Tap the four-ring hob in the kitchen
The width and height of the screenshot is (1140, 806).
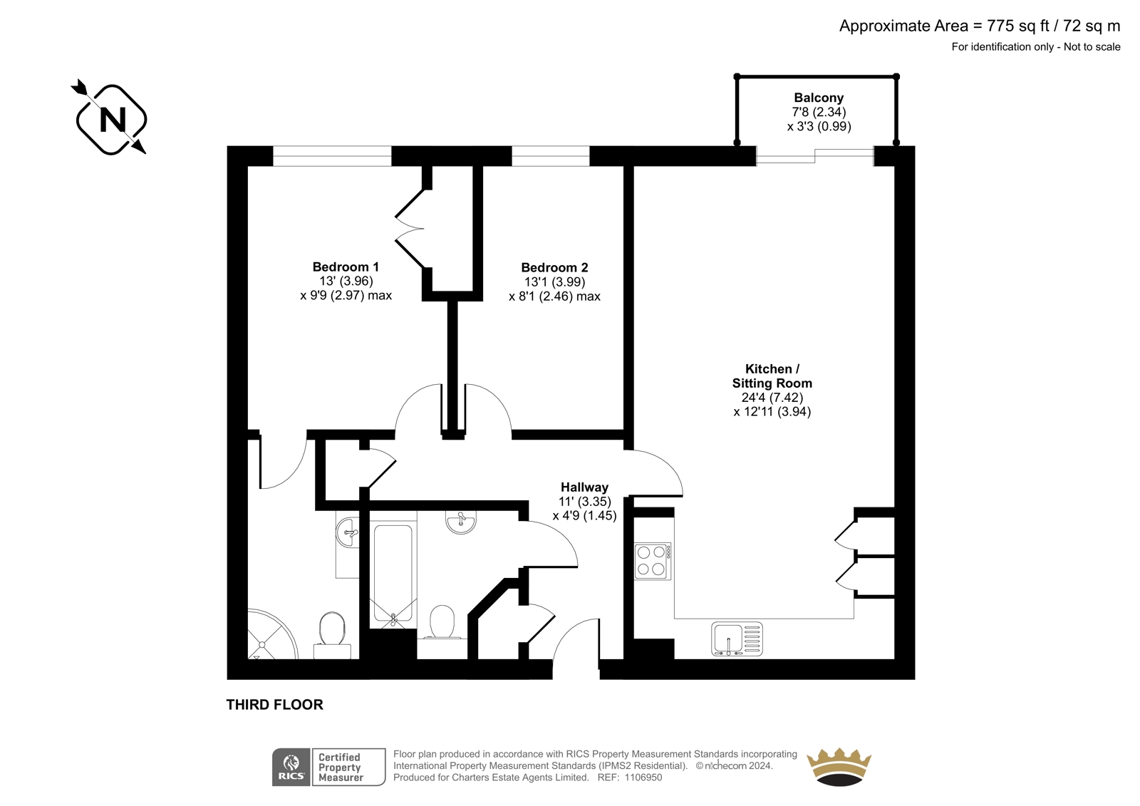[x=653, y=561]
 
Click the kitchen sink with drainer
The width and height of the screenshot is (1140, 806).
[x=737, y=639]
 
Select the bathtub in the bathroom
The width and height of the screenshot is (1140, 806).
[x=393, y=573]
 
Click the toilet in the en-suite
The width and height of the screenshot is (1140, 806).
[x=332, y=636]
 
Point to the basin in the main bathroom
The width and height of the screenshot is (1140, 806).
[x=461, y=522]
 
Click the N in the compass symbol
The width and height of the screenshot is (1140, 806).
[x=113, y=120]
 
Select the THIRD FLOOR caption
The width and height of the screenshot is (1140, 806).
[x=275, y=705]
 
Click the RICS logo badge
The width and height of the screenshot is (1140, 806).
[x=291, y=768]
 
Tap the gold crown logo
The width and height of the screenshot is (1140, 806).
[x=839, y=767]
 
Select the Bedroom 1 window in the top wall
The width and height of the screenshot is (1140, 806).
[x=332, y=156]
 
